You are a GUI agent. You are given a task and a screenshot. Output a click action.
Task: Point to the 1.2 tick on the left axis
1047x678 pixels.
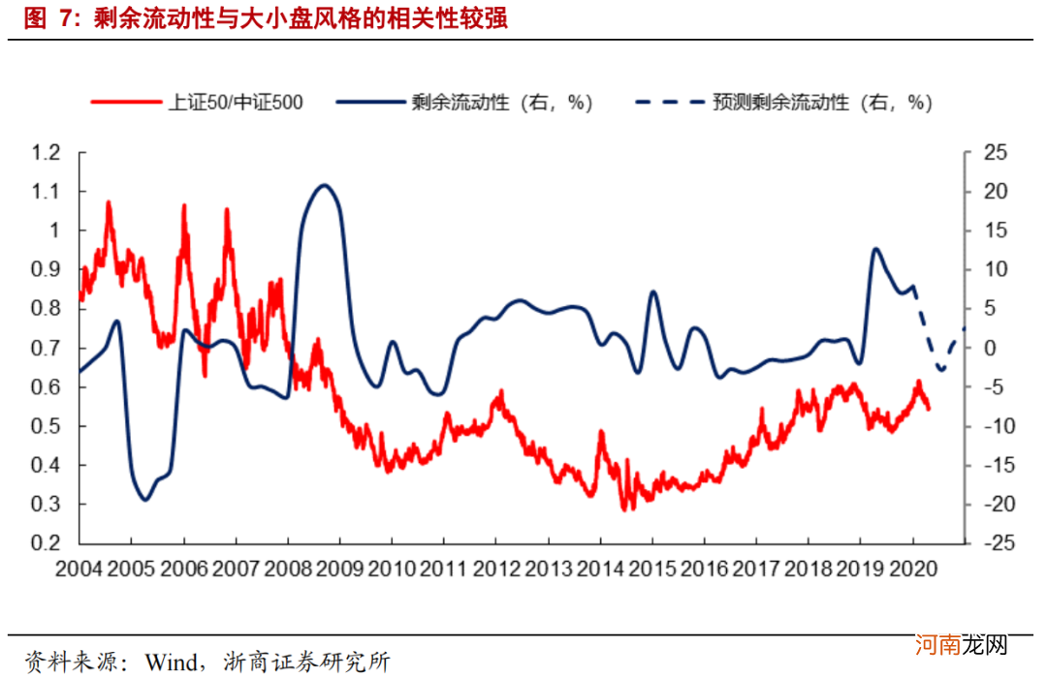[x=47, y=152]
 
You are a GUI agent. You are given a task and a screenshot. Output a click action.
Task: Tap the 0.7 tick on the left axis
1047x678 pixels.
[x=47, y=348]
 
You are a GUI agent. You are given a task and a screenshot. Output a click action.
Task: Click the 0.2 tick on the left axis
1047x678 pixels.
[x=47, y=543]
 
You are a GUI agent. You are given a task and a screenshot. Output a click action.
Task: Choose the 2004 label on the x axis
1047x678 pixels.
[x=79, y=569]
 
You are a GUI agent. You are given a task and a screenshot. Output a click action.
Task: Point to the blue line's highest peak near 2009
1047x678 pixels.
[x=325, y=185]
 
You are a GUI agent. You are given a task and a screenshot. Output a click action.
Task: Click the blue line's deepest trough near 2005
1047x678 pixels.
[x=144, y=500]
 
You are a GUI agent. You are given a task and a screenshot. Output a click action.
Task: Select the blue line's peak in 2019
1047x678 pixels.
[x=876, y=249]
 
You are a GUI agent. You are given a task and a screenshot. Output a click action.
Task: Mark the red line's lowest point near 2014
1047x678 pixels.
[x=626, y=508]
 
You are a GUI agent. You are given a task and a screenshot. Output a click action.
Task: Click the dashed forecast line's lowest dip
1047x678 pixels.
[x=940, y=370]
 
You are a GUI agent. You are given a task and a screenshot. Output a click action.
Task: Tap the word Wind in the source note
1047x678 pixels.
[x=172, y=662]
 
